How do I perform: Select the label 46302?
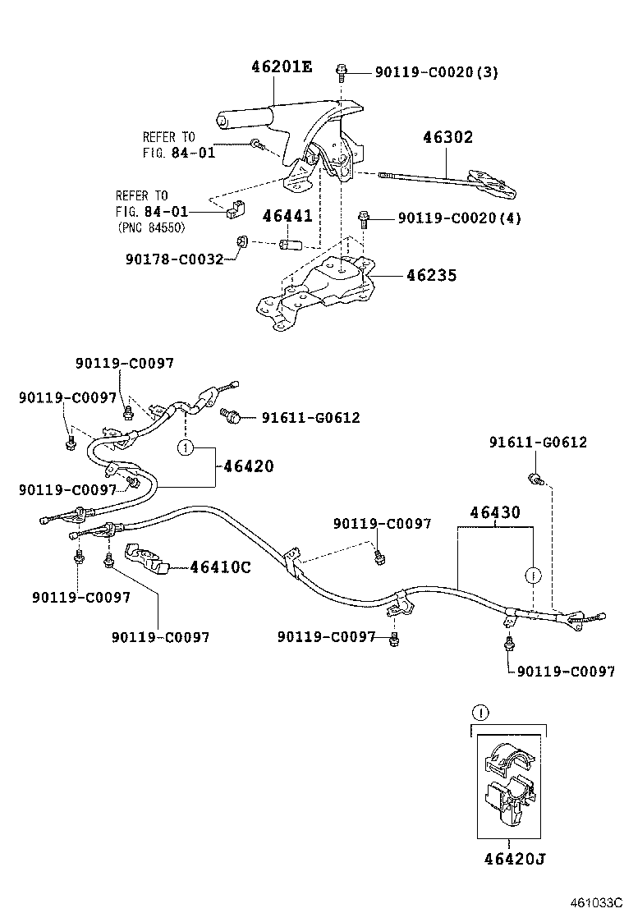(x=447, y=137)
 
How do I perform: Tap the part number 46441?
(x=287, y=217)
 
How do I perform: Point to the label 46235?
(x=430, y=276)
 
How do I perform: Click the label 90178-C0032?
(x=174, y=259)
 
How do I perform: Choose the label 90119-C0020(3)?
(x=436, y=72)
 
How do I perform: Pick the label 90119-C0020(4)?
(x=459, y=218)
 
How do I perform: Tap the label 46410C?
(x=220, y=567)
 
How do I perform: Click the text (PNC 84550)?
(x=151, y=227)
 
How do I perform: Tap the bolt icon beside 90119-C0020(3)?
(x=341, y=71)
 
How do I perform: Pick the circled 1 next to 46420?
(x=186, y=448)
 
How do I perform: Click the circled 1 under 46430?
(x=533, y=574)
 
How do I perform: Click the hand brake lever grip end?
(x=221, y=122)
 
